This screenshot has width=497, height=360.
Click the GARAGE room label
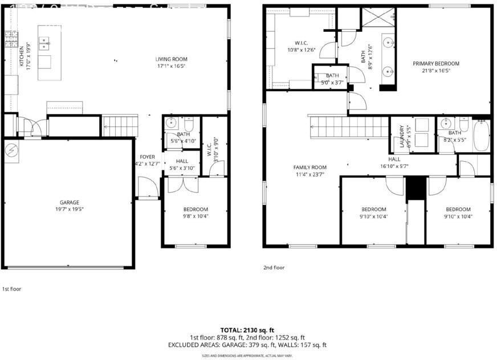(70, 202)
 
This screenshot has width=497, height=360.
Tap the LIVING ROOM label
(172, 59)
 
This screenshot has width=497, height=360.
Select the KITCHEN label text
(22, 56)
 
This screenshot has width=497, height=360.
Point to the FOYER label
(147, 157)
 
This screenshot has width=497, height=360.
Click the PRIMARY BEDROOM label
(435, 64)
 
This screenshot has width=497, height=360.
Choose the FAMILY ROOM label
(310, 167)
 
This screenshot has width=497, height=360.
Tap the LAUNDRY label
(402, 136)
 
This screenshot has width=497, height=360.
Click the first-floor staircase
(120, 124)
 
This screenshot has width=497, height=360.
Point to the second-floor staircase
(348, 125)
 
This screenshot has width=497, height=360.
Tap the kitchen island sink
(43, 41)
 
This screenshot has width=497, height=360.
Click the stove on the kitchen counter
(10, 39)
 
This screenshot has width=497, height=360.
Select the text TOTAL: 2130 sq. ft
(247, 330)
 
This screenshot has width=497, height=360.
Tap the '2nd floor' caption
(274, 267)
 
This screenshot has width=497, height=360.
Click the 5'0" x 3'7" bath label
(332, 83)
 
